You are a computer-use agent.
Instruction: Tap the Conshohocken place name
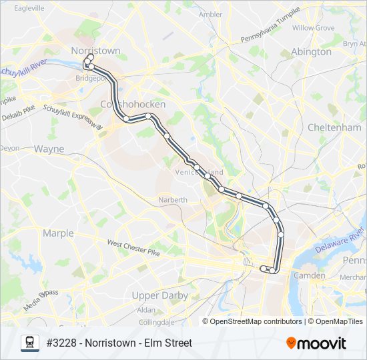[127, 105]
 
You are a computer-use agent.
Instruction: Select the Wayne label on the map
[49, 149]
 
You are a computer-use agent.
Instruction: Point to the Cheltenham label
[334, 127]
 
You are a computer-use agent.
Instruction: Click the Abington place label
[311, 51]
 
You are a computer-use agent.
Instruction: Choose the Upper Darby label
[161, 295]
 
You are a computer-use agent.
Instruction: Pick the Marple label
[58, 233]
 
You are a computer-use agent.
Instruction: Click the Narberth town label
[173, 199]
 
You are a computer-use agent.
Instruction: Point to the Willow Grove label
[313, 28]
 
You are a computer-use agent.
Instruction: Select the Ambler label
[210, 14]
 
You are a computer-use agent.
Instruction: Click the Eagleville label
[25, 8]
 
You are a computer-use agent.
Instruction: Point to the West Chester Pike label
[133, 248]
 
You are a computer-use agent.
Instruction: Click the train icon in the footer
[29, 343]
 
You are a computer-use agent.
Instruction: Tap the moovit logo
[316, 343]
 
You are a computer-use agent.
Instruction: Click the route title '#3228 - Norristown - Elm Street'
[119, 343]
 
